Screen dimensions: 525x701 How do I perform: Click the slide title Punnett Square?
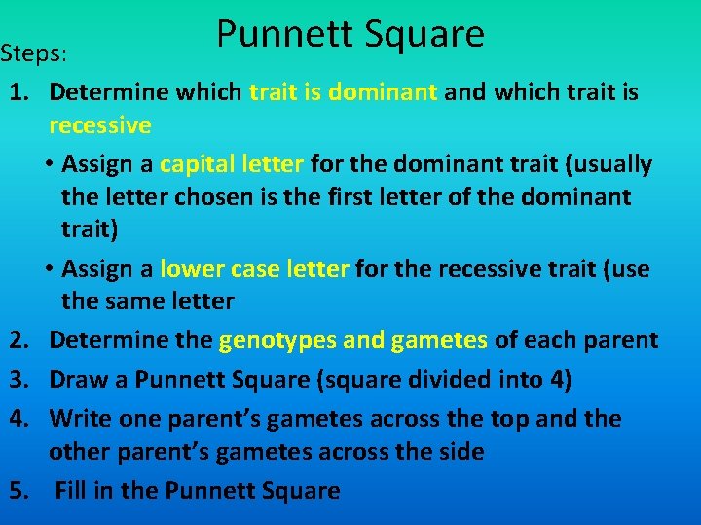coord(350,34)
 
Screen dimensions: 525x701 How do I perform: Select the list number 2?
coord(18,340)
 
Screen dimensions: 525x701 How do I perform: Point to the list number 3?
coord(18,379)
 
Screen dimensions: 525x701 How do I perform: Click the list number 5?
coord(18,491)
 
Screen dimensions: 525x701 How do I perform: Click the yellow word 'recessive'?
coord(99,125)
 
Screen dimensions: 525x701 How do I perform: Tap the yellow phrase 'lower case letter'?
coord(254,268)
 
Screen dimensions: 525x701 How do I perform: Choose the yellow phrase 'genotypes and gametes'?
coord(353,340)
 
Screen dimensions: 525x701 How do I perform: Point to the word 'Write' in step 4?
coord(80,419)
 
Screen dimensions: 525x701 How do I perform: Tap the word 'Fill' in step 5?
coord(71,491)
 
